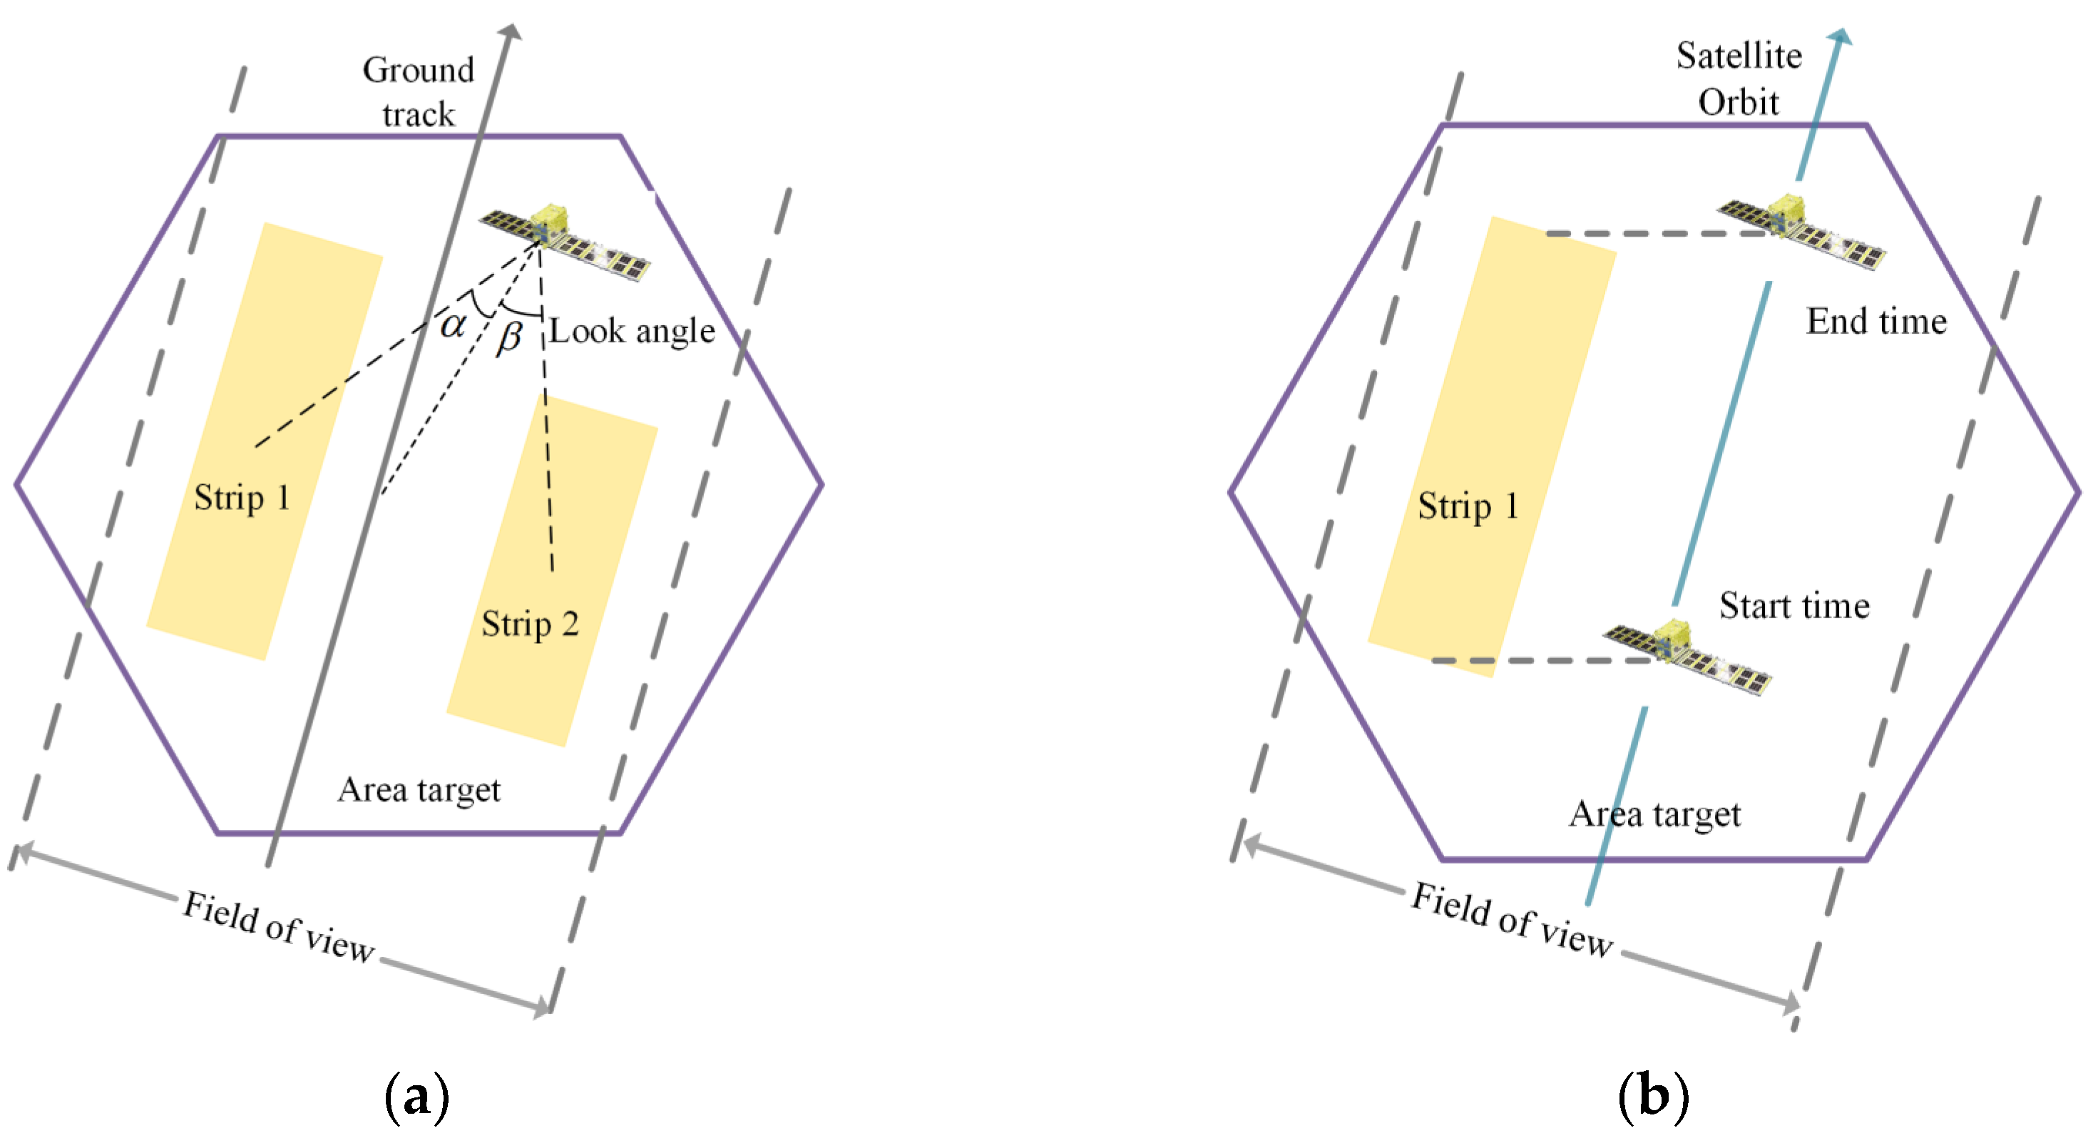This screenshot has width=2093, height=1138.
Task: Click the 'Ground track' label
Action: [419, 92]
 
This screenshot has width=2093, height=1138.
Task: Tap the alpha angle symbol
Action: [454, 324]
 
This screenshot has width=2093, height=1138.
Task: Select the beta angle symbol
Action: [509, 337]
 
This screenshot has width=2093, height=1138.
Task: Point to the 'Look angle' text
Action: [632, 332]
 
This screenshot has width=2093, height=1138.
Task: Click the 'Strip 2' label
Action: [530, 625]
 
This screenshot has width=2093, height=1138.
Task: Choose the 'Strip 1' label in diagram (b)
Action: [1468, 506]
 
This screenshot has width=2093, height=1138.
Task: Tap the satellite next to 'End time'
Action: [1801, 231]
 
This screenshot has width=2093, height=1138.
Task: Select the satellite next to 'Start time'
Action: [1687, 657]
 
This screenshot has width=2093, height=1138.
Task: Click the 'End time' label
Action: [1876, 322]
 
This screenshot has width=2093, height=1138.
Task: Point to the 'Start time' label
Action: [1794, 606]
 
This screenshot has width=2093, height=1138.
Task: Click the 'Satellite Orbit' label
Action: [1739, 79]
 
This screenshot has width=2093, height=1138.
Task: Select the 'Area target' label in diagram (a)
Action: [419, 790]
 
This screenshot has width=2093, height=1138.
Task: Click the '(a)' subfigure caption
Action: [416, 1097]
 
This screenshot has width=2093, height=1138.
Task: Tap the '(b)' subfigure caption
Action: [1654, 1097]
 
